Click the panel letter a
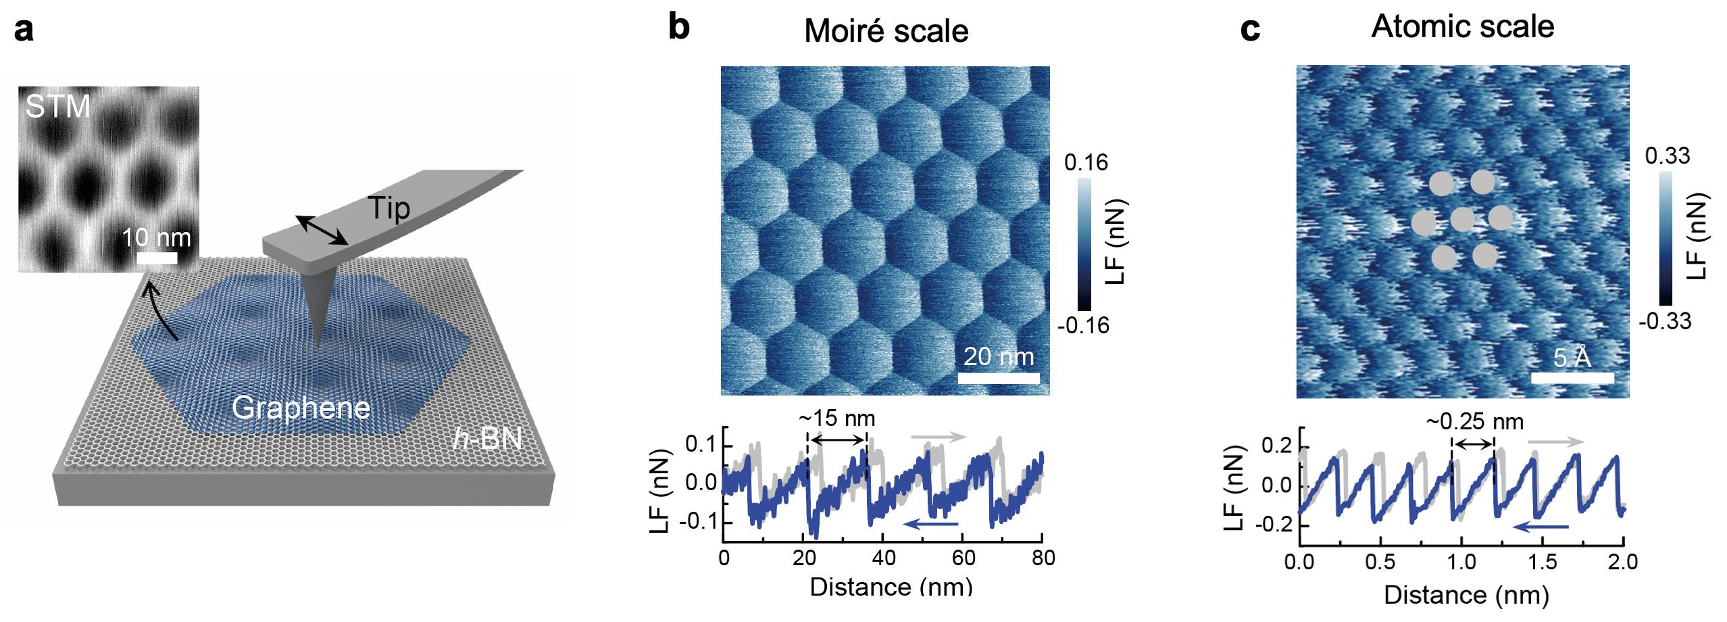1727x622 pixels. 24,30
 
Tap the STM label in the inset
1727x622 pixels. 57,107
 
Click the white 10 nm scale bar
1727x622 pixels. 157,258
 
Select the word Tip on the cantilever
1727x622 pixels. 389,209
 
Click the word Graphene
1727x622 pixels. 301,408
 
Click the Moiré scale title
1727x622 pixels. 886,31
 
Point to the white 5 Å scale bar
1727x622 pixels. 1572,377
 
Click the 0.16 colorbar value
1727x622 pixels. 1086,163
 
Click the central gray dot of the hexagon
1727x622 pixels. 1463,219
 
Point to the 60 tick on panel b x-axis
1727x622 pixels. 963,558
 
